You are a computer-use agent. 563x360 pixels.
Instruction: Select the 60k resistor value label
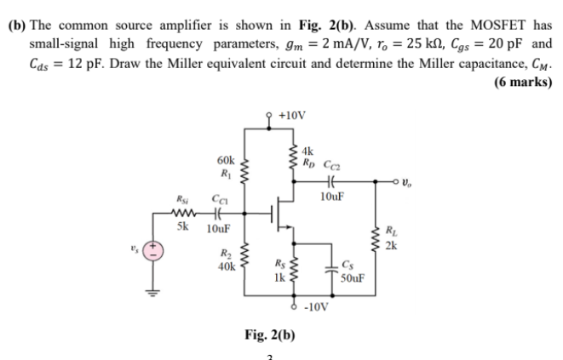(x=227, y=159)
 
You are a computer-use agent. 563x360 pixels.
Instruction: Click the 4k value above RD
(x=308, y=151)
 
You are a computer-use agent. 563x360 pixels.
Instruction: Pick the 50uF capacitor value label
(x=352, y=277)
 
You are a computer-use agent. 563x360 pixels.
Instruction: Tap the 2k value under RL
(x=391, y=247)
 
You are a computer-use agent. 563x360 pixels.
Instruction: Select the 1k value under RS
(x=278, y=277)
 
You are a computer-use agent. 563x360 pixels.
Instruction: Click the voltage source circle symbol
(x=153, y=250)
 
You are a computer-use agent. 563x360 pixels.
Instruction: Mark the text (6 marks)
(x=523, y=82)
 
